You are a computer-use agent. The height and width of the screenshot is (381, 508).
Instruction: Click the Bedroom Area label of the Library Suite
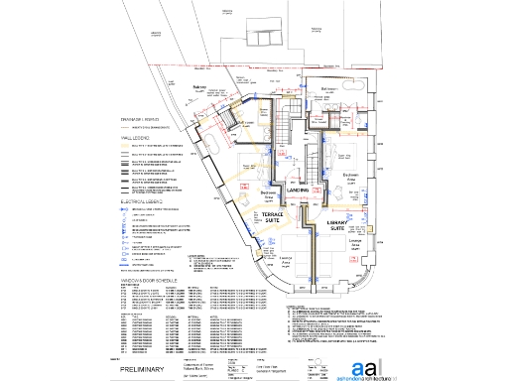350,177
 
